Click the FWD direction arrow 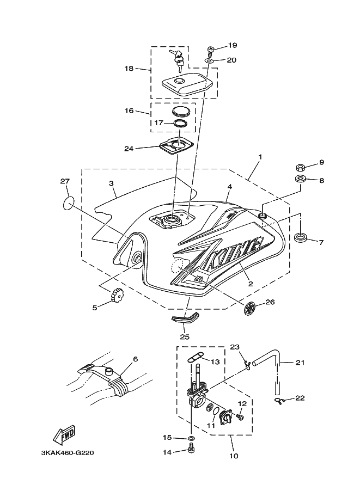(64, 433)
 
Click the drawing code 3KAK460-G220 (67, 453)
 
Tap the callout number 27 (65, 181)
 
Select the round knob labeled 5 (117, 295)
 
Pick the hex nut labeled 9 (300, 167)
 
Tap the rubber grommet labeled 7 (300, 238)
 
